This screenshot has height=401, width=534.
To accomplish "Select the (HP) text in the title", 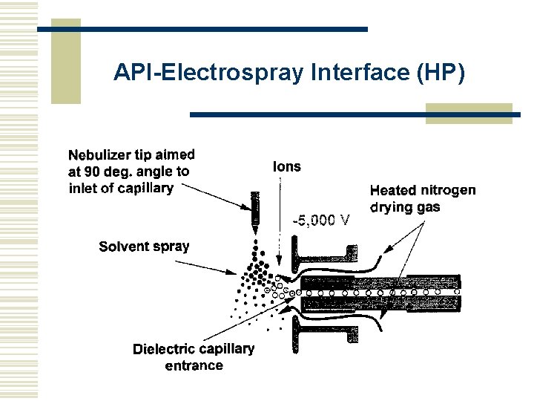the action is coord(441,72).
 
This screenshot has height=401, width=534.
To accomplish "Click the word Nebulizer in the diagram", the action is coord(100,155).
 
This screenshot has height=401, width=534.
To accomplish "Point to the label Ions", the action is coord(287,166).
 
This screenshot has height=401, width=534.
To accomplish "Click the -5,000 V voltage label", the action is coord(320,220).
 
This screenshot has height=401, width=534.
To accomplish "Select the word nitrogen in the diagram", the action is coord(450,191).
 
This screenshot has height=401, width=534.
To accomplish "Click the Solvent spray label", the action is coord(144,247).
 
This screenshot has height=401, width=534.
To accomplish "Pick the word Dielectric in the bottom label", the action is coord(164,349).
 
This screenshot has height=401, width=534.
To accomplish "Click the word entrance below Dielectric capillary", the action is coord(194,365).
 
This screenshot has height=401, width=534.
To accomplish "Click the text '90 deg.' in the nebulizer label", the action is coord(111,172).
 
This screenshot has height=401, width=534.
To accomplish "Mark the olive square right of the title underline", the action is coord(469,113).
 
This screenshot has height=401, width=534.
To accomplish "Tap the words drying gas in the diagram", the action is coord(404,207).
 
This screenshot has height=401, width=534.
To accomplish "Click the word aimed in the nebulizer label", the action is coord(176,154).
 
